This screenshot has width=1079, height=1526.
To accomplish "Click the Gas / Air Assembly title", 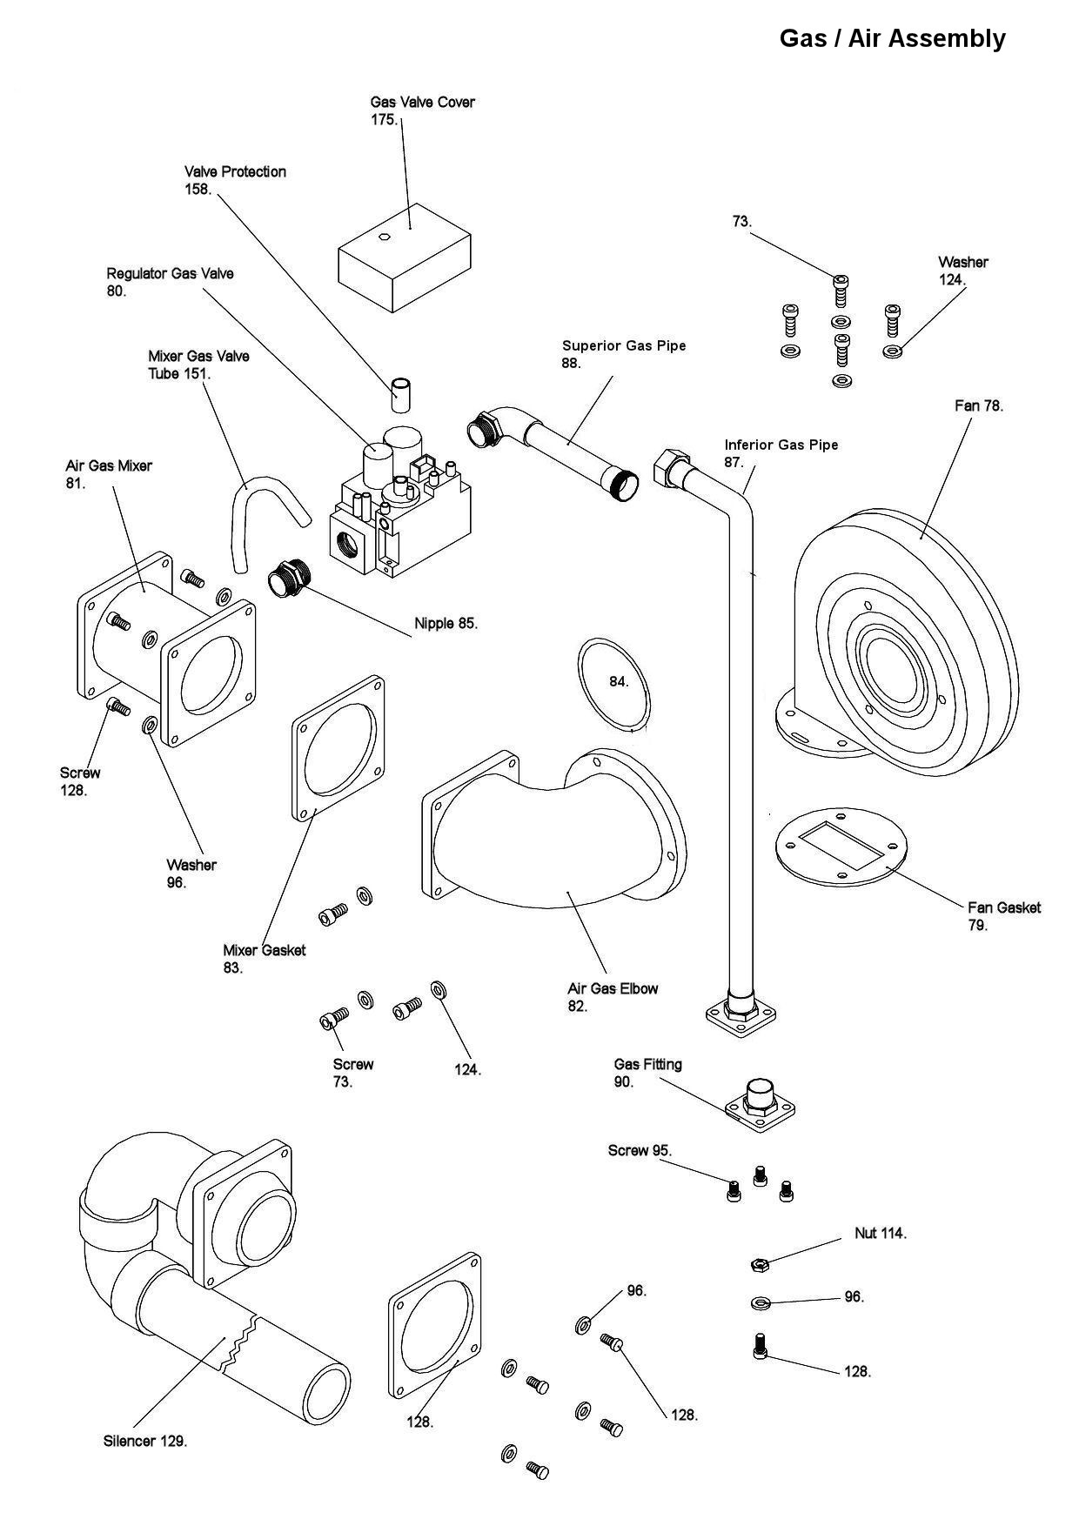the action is click(892, 39).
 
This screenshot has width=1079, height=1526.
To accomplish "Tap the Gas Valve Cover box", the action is click(405, 258).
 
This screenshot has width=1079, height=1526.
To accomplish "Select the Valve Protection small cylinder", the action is click(400, 395).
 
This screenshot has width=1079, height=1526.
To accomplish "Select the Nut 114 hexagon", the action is click(757, 1263).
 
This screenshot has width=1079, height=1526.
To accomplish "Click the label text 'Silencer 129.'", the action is click(145, 1442).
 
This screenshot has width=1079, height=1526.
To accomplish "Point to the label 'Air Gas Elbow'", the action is click(613, 988).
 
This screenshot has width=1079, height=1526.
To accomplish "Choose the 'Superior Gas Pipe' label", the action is click(624, 345).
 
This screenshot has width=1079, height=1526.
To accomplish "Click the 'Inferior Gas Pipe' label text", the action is click(781, 445).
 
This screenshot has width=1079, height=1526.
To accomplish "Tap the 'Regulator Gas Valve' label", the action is click(171, 273).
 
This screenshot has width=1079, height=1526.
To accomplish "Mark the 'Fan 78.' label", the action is click(979, 405).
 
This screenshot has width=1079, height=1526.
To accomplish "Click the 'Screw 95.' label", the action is click(640, 1150).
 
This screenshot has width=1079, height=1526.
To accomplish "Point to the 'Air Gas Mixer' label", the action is click(109, 465).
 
